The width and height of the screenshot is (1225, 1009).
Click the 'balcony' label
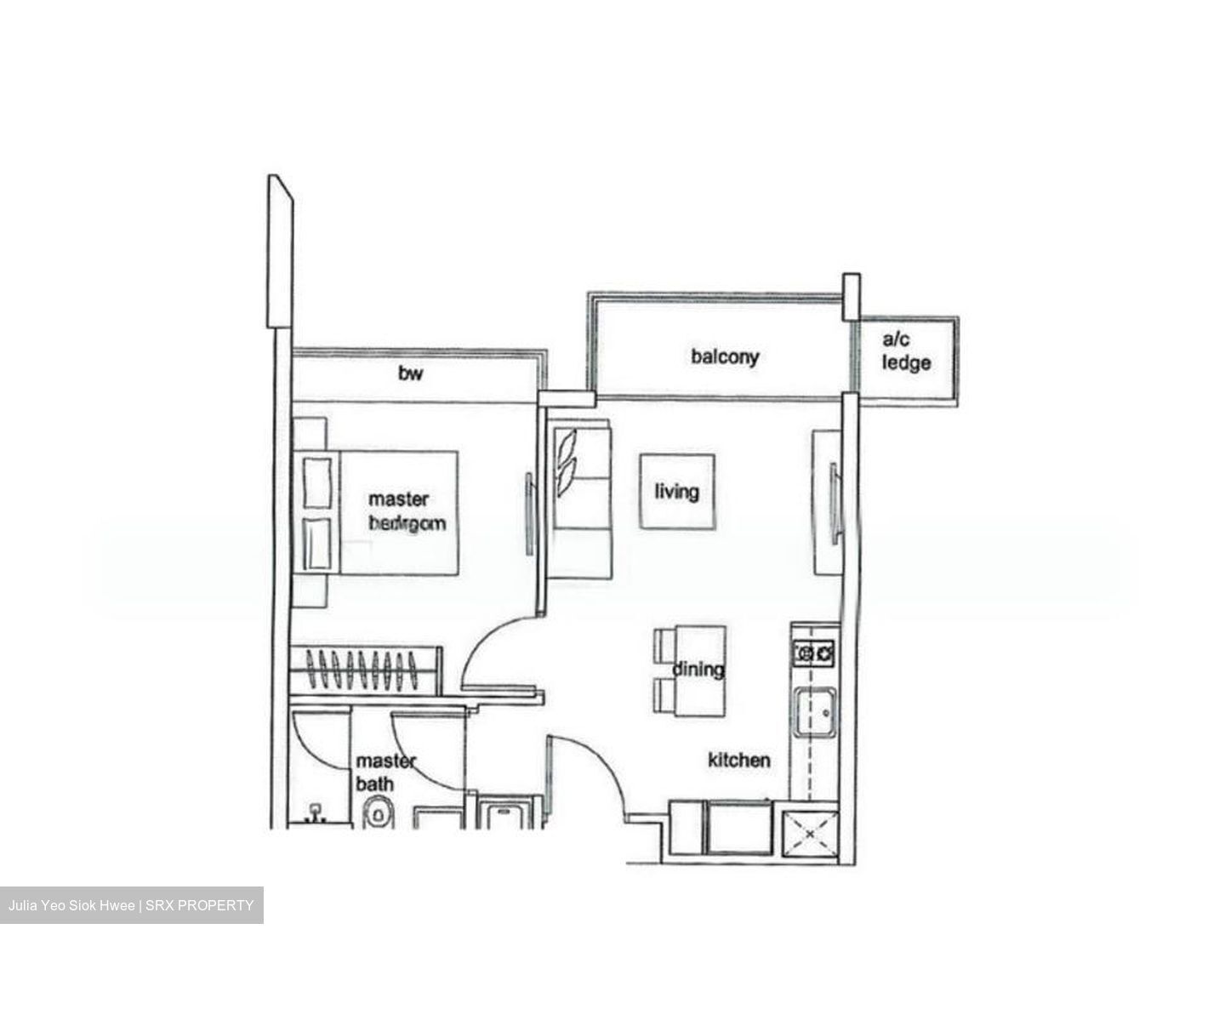coord(724,356)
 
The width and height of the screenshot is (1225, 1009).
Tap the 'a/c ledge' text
coord(906,352)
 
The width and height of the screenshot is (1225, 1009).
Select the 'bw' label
coord(410,373)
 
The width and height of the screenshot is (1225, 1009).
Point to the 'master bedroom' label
coord(406,510)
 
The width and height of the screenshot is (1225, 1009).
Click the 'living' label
coord(676,491)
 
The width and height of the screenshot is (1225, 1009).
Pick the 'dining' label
coord(698,670)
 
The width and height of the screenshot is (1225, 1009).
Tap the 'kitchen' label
coord(739,760)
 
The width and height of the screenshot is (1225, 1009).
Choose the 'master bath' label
coord(385,772)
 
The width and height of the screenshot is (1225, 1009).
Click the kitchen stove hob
coord(813,653)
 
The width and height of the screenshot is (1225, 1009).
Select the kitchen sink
coord(814,712)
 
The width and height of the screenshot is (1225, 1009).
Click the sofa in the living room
coord(578,502)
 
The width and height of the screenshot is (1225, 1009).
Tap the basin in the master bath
coord(316,814)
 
